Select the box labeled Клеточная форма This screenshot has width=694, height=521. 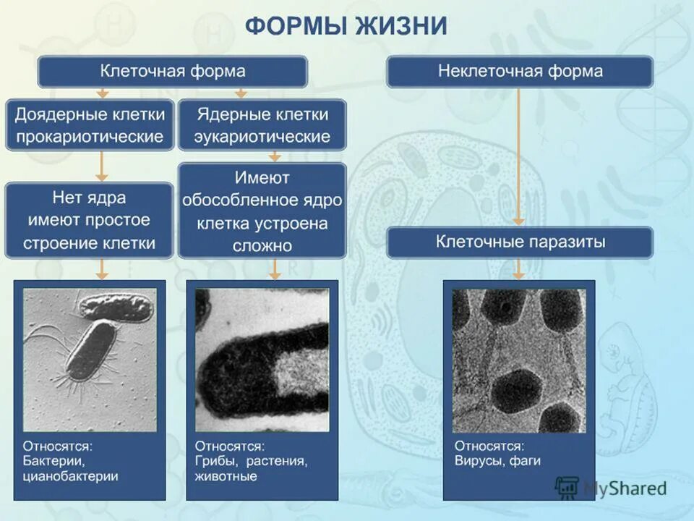click(x=172, y=72)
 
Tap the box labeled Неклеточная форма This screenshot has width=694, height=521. click(x=520, y=72)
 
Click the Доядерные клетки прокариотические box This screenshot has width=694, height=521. click(x=90, y=125)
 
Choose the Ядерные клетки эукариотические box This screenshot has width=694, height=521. click(x=262, y=125)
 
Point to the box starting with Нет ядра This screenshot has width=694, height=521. click(x=90, y=220)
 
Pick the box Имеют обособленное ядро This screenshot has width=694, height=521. click(x=262, y=211)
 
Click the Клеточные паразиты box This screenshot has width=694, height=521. click(x=520, y=242)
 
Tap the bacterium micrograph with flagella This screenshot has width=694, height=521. click(x=90, y=360)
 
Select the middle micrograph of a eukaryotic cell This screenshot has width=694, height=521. click(x=262, y=360)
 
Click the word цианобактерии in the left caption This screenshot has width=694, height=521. click(x=70, y=476)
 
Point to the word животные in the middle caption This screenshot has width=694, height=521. click(x=226, y=476)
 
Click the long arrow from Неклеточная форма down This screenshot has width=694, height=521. click(x=518, y=156)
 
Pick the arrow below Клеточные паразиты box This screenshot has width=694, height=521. click(x=518, y=269)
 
